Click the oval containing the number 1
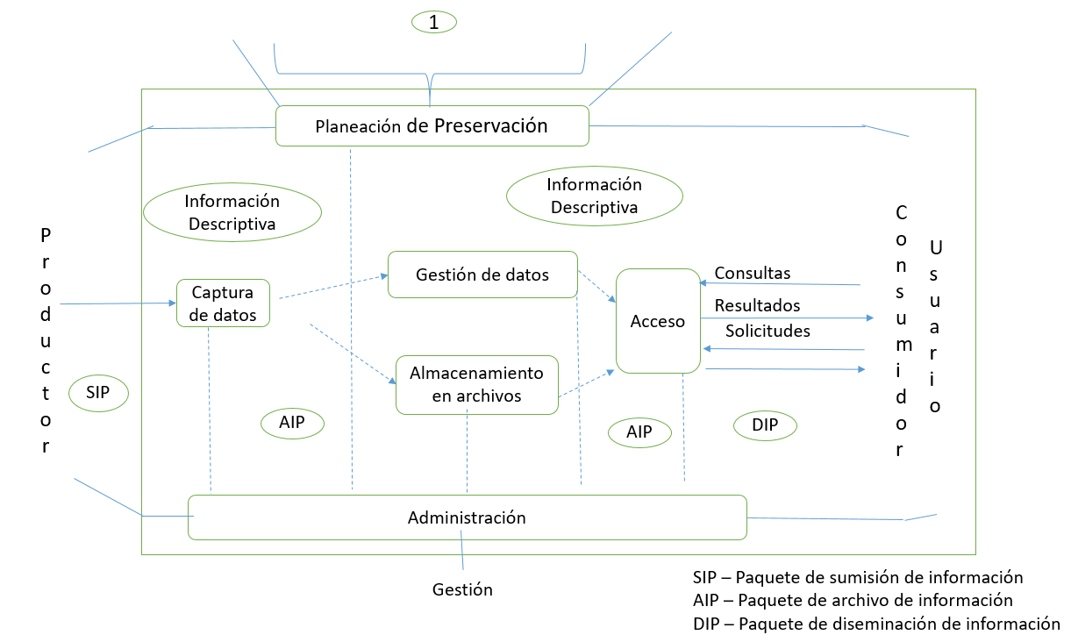click(434, 23)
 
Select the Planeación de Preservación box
click(432, 125)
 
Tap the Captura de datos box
click(223, 303)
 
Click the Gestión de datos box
click(482, 275)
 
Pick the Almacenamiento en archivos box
click(477, 384)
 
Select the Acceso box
click(657, 321)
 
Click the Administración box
click(467, 517)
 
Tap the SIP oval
click(98, 392)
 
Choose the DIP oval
click(764, 425)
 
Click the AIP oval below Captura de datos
click(292, 423)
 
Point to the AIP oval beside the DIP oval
click(639, 432)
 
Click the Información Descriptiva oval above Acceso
click(594, 196)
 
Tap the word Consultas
click(752, 273)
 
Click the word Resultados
click(757, 305)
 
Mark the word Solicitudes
click(768, 331)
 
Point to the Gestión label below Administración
click(462, 589)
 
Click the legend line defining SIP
click(857, 577)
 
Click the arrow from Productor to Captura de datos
click(118, 303)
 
